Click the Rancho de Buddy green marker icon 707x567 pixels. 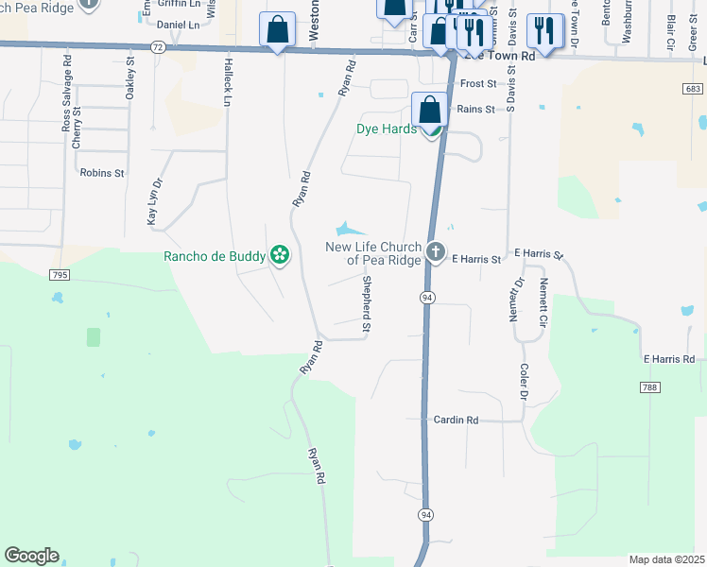pyautogui.click(x=279, y=254)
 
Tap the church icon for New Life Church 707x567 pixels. pyautogui.click(x=435, y=251)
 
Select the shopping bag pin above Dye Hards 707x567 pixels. pyautogui.click(x=430, y=110)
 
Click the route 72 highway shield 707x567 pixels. pyautogui.click(x=157, y=46)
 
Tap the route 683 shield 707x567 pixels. pyautogui.click(x=694, y=88)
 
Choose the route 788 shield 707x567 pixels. pyautogui.click(x=647, y=387)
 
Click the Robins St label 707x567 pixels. pyautogui.click(x=102, y=173)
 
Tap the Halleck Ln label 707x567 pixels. pyautogui.click(x=228, y=81)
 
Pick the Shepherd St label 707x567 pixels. pyautogui.click(x=365, y=302)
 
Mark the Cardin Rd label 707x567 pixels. pyautogui.click(x=457, y=420)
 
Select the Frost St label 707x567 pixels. pyautogui.click(x=477, y=84)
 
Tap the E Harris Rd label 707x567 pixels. pyautogui.click(x=668, y=359)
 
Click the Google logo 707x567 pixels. pyautogui.click(x=31, y=556)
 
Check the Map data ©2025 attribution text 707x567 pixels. pyautogui.click(x=666, y=559)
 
